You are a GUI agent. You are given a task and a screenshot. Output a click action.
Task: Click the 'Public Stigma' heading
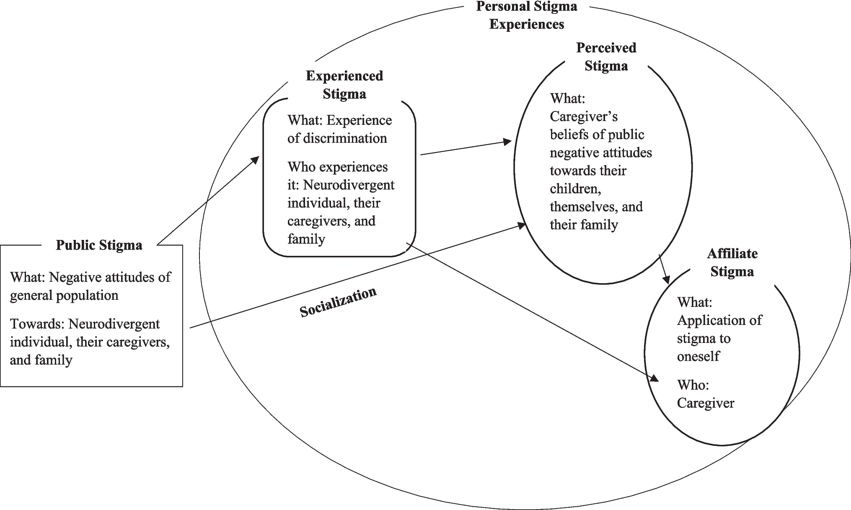pos(99,245)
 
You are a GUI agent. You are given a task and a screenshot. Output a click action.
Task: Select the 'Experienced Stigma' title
pos(344,85)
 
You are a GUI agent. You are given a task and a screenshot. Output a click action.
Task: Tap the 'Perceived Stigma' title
pos(606,57)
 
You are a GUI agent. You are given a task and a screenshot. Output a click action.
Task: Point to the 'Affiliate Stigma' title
pos(732,263)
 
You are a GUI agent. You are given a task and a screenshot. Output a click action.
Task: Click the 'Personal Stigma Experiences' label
pos(527,15)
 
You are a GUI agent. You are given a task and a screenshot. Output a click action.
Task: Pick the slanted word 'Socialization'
pos(338,302)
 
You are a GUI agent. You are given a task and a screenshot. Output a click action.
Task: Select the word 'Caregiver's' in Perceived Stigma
pos(584,116)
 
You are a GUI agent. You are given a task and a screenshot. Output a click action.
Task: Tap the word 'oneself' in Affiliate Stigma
pos(698,356)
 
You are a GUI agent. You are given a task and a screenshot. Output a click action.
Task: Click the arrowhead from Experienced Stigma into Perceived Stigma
pos(507,142)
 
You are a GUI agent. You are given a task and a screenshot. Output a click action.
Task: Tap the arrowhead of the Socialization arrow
pos(521,226)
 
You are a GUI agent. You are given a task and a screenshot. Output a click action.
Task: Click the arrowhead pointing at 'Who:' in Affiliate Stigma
pos(654,378)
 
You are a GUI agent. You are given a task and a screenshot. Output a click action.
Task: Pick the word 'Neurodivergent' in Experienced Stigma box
pos(349,185)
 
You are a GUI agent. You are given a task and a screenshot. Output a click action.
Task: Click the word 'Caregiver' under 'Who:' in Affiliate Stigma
pos(706,403)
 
